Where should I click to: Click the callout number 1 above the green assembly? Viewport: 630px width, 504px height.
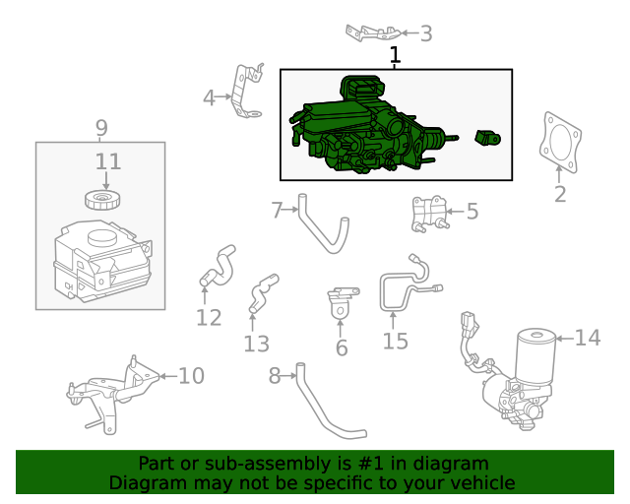395,56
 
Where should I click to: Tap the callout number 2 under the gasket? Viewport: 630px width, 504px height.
560,194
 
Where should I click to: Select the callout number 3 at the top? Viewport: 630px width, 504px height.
425,33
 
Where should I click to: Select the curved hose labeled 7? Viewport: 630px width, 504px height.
320,228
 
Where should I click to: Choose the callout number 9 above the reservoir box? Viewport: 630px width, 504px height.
100,128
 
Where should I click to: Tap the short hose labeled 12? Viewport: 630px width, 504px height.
217,264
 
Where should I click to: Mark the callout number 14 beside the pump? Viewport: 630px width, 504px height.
587,338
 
